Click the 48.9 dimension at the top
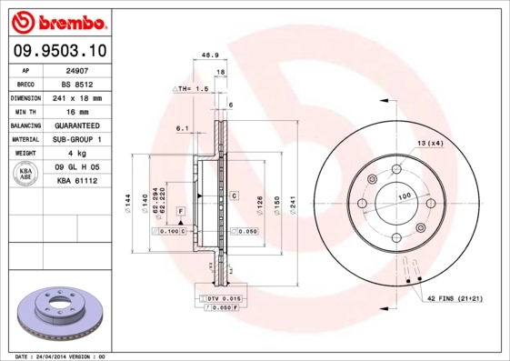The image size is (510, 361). coord(208,55)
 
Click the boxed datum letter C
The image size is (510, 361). coord(234,196)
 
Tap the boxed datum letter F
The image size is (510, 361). coord(181,211)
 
